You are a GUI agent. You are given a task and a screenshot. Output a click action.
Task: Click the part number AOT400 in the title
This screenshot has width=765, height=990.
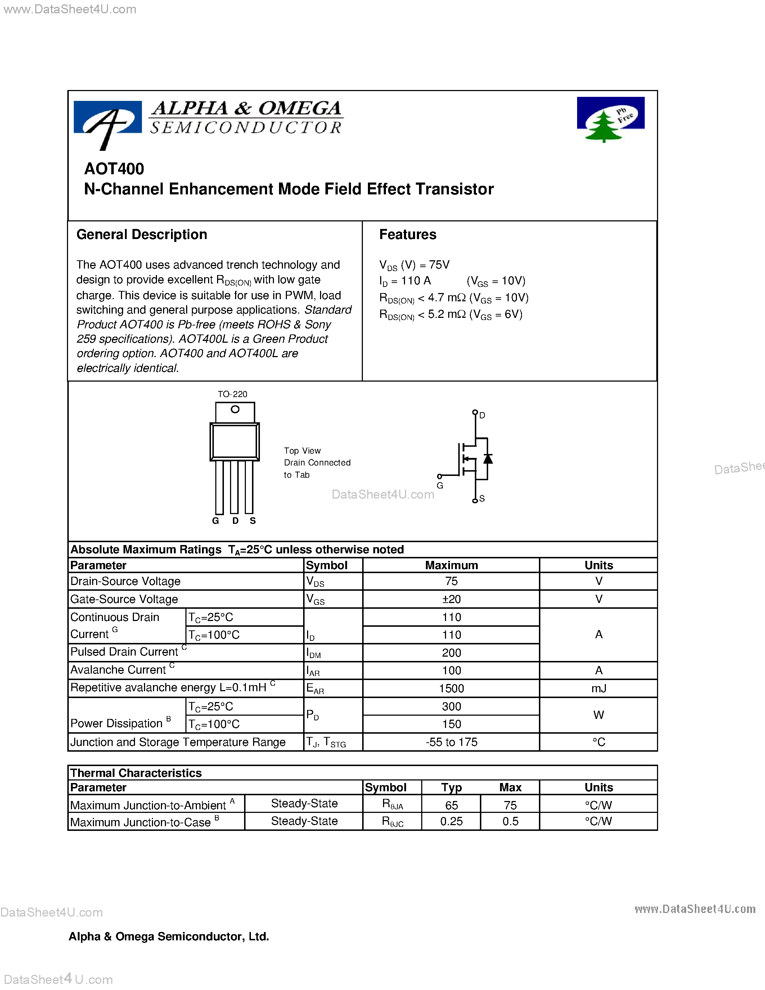click(x=114, y=168)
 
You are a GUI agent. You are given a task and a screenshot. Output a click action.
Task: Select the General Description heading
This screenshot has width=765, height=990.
click(x=141, y=234)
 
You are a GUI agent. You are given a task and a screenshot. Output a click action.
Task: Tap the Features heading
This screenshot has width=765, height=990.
click(x=408, y=234)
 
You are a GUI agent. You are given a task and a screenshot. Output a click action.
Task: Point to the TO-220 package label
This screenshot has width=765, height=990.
click(x=232, y=394)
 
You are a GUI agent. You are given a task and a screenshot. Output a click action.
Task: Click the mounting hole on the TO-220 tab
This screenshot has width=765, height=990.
click(x=235, y=409)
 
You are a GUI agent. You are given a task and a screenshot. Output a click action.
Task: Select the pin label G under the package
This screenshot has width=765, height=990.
click(x=216, y=521)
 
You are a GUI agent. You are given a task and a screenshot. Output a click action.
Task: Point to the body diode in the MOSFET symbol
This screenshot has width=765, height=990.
click(x=488, y=459)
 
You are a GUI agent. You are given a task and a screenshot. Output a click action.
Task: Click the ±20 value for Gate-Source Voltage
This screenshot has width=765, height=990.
click(x=451, y=599)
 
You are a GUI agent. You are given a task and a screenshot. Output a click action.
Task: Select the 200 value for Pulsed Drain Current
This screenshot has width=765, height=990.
click(x=451, y=653)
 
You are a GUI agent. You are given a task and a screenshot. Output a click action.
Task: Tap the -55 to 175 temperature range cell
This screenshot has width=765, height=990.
click(x=451, y=742)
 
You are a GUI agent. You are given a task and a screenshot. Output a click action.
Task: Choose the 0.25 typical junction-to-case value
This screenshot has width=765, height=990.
click(x=451, y=822)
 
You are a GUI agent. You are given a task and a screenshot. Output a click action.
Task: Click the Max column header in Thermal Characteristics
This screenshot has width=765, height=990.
click(x=510, y=787)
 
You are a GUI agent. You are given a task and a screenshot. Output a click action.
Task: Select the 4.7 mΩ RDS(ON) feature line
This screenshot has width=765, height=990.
click(x=454, y=298)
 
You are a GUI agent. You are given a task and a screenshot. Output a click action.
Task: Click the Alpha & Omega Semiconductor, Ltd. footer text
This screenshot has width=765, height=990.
click(x=168, y=936)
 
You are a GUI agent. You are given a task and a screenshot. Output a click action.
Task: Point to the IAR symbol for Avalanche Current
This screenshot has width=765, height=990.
click(x=313, y=671)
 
